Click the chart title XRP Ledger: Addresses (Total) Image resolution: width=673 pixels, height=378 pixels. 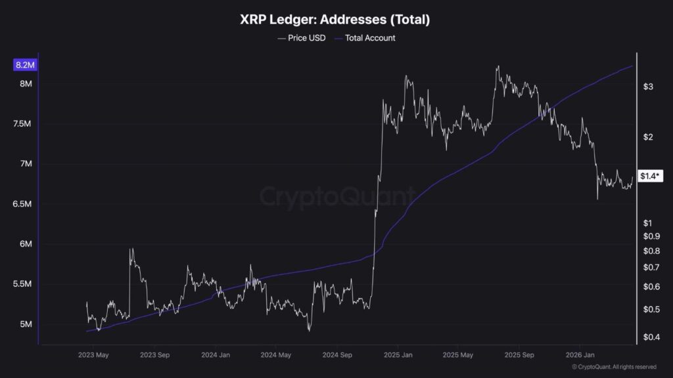click(336, 20)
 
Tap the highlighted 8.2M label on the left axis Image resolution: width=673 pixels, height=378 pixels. click(24, 64)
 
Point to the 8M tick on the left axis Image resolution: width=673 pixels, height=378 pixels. click(26, 84)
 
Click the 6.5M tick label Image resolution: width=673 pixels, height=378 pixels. click(22, 204)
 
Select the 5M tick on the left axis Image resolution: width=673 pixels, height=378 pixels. click(26, 324)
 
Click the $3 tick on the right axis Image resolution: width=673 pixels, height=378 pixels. click(648, 87)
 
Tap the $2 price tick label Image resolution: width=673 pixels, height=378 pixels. click(648, 137)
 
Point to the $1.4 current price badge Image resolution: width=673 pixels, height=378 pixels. click(651, 176)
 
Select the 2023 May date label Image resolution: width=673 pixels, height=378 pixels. click(93, 355)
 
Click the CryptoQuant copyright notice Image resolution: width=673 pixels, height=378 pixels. click(613, 367)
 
